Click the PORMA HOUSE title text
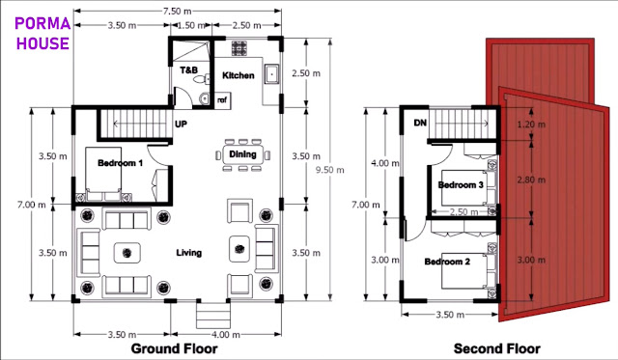coord(42,33)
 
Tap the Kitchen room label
coord(239,75)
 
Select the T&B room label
coord(189,70)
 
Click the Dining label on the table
coord(242,154)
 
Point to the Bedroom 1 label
coord(120,163)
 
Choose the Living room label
coord(189,253)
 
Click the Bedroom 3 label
coord(461,184)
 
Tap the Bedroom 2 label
coord(447,262)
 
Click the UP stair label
coord(181,125)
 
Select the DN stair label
coord(420,123)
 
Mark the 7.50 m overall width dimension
coord(178,11)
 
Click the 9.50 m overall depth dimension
coord(330,170)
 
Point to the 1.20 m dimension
coord(531,125)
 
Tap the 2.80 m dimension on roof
coord(531,180)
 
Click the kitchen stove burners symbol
coord(239,48)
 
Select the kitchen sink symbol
coord(272,73)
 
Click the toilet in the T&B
coord(202,79)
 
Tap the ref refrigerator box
coord(222,100)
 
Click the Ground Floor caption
coord(174,348)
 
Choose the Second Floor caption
coord(496,348)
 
